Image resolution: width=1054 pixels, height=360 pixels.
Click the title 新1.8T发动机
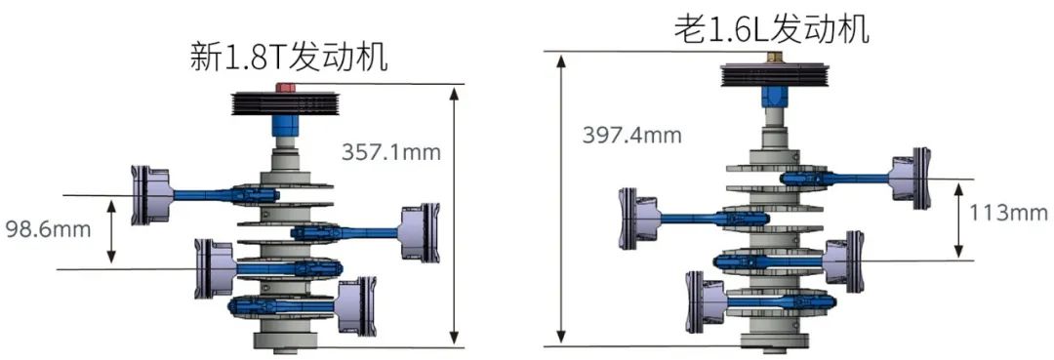tap(289, 58)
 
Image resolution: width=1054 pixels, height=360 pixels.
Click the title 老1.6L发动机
tap(772, 28)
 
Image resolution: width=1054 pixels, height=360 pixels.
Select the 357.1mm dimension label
tap(391, 152)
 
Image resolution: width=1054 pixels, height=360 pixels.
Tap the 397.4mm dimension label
tap(631, 135)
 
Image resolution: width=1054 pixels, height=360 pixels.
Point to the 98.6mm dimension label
tap(48, 229)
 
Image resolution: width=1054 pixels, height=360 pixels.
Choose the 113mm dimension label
tap(1007, 213)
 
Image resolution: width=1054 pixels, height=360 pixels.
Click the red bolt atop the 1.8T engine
tap(286, 87)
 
